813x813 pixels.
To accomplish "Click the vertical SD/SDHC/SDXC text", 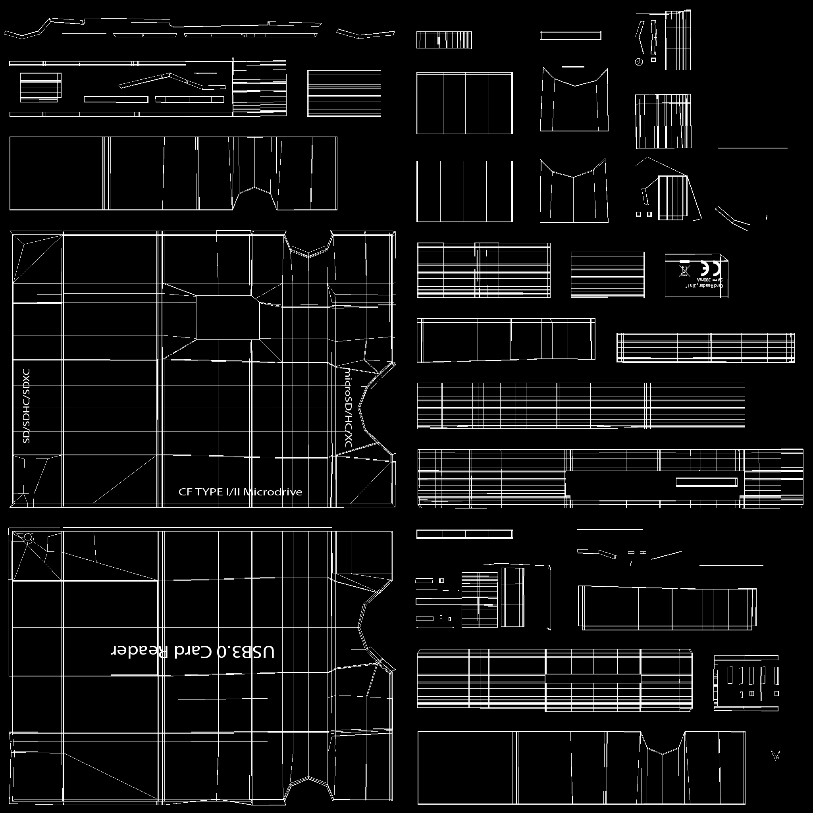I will click(26, 406).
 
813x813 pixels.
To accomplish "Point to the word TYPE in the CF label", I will click(209, 492).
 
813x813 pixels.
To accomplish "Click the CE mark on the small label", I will click(711, 268).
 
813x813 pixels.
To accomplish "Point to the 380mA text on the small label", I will click(703, 279).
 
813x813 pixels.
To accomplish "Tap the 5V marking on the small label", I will click(720, 279).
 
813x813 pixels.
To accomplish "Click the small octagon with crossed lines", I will click(639, 62).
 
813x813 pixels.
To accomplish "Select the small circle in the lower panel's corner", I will click(28, 538).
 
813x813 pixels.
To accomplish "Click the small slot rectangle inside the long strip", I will click(707, 482).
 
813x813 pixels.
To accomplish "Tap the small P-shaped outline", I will click(441, 618).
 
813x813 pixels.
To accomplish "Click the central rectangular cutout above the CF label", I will click(227, 317).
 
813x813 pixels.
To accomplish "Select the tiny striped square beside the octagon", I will click(653, 60).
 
